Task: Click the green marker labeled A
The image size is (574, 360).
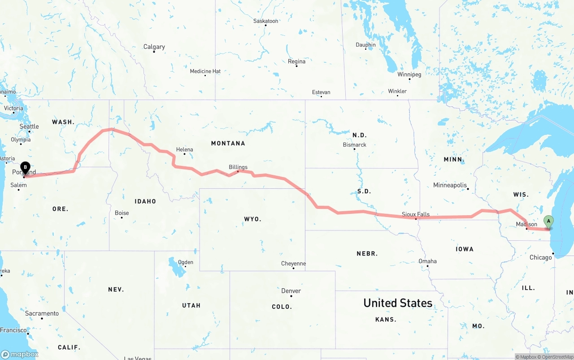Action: coord(548,221)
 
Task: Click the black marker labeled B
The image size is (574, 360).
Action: coord(26,168)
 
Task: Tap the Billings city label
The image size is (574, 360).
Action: coord(238,167)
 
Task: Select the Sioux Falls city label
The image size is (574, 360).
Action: coord(416,214)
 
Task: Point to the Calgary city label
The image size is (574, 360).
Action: coord(154,47)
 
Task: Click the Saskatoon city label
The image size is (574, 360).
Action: coord(265,21)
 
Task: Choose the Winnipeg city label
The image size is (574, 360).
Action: coord(409,74)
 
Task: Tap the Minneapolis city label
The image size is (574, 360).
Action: coord(450,185)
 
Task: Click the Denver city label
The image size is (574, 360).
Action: coord(291,291)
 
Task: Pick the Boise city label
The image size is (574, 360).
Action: coord(122,213)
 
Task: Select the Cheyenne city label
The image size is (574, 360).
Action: coord(293,264)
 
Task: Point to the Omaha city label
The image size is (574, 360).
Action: coord(427,261)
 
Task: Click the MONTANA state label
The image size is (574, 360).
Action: coord(228,143)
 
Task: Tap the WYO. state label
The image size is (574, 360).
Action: coord(252,219)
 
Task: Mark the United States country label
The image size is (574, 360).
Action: coord(398,303)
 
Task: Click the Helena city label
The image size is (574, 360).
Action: coord(184,150)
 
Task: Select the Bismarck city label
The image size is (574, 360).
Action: coord(355,145)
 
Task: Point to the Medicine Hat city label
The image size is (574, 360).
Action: coord(205,71)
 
